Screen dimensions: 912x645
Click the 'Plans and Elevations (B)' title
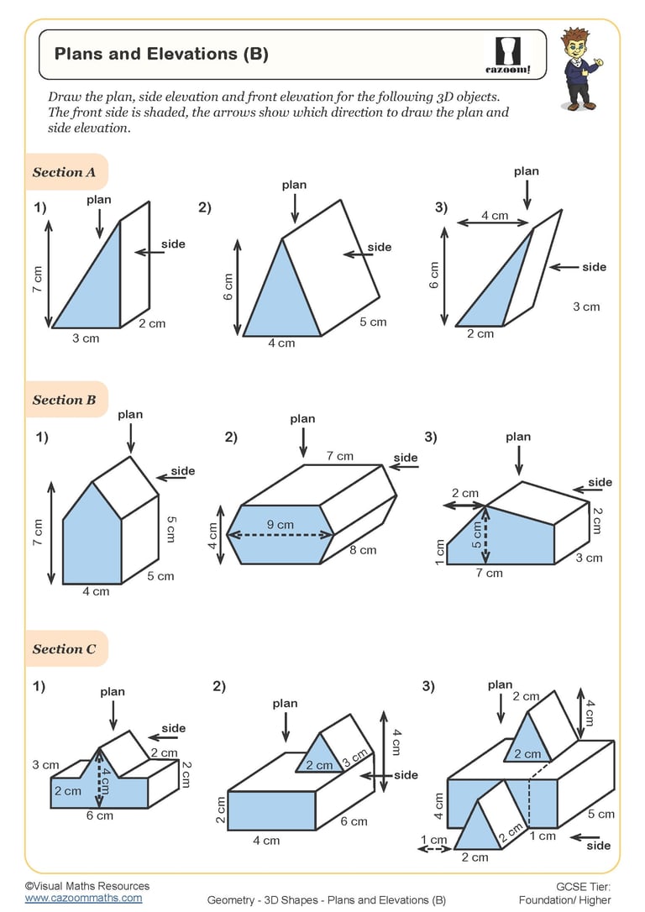161,55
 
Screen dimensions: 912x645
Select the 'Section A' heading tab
64,172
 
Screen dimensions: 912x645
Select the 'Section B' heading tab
64,400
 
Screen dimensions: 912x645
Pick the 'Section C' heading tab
64,649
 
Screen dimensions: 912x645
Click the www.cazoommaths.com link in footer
83,898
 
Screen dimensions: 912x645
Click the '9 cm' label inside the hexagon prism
281,525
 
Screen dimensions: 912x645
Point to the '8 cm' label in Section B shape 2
363,550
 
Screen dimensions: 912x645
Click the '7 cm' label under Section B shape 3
489,573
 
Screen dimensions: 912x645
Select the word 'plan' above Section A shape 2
294,185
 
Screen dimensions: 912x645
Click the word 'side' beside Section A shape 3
594,267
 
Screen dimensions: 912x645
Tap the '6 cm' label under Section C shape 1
99,815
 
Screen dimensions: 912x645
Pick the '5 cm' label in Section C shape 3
600,814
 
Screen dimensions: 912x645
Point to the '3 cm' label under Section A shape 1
85,338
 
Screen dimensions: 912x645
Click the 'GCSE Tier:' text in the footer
583,886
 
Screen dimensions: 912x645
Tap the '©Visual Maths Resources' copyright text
87,886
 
